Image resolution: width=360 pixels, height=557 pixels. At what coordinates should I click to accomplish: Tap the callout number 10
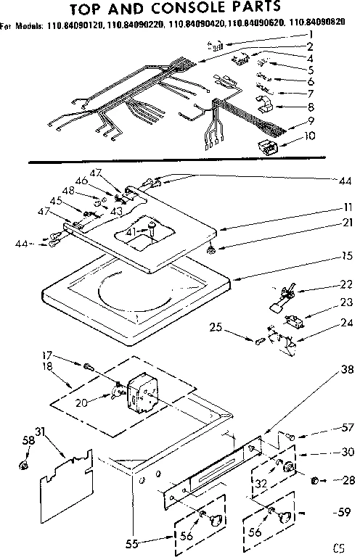pyautogui.click(x=311, y=135)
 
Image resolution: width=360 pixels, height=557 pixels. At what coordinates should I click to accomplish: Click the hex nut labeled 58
pyautogui.click(x=24, y=463)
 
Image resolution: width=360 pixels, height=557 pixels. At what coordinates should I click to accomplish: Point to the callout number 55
pyautogui.click(x=150, y=541)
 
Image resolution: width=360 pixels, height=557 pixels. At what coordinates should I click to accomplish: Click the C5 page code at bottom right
pyautogui.click(x=339, y=545)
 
